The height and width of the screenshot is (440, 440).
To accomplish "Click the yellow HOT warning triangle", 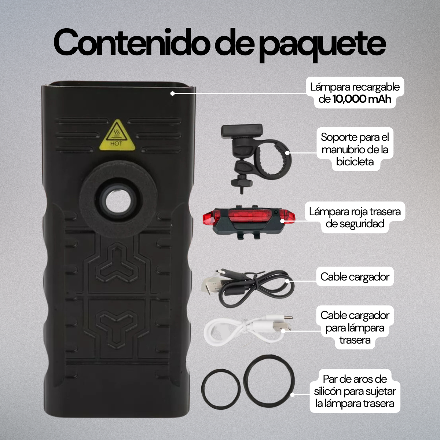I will click(117, 135).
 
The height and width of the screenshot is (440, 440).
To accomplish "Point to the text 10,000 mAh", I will click(362, 99).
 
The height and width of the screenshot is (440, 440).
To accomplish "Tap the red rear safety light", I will click(249, 219).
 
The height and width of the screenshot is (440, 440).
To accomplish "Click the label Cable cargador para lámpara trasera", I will click(355, 327).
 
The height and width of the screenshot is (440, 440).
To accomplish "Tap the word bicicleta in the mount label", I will click(355, 162).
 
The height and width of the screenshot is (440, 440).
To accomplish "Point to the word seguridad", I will click(355, 224).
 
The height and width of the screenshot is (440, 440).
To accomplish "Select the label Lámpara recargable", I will click(355, 87).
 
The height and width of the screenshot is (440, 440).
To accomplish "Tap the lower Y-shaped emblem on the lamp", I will click(117, 323).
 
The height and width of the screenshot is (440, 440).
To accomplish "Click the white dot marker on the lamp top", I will click(172, 93).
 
